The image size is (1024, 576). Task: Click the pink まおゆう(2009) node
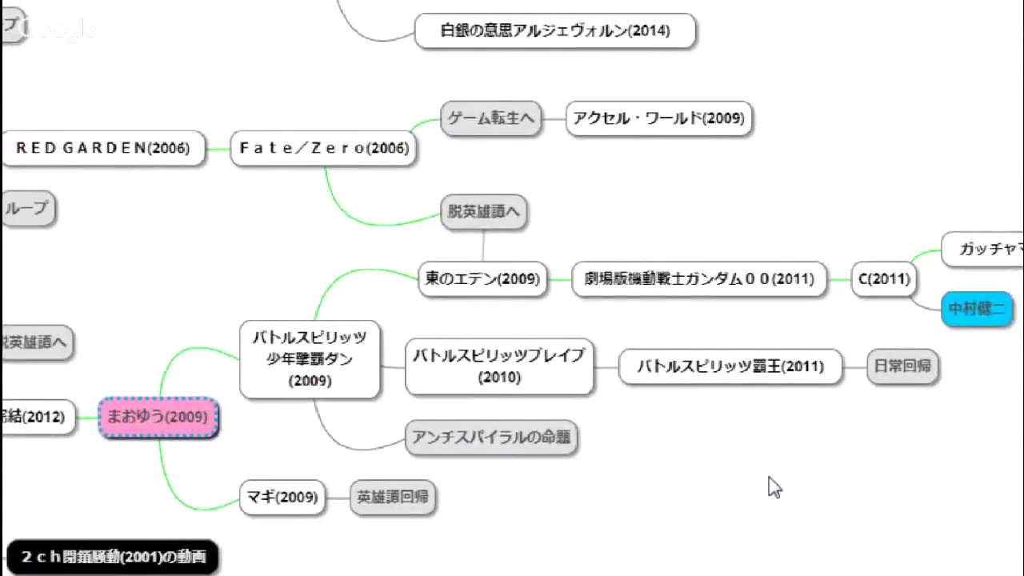(x=158, y=417)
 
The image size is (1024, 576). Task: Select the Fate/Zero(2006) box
(x=323, y=149)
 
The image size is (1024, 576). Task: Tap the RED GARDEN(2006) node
(x=102, y=149)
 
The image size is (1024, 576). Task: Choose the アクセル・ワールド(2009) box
(x=658, y=118)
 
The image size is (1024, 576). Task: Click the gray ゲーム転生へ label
(x=490, y=118)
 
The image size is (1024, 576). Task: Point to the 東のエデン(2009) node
(x=482, y=279)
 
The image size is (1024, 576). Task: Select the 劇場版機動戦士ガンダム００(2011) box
(x=698, y=279)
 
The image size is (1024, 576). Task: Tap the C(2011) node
(x=883, y=279)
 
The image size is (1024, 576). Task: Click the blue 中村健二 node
(x=977, y=309)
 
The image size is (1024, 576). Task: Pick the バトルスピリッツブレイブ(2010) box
(x=499, y=366)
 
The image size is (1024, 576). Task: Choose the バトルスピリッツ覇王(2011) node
(x=730, y=367)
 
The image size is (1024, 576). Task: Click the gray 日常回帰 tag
(x=902, y=366)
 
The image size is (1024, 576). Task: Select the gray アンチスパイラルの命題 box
(x=491, y=438)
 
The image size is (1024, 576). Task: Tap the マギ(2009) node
(x=282, y=498)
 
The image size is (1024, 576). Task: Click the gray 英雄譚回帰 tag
(x=392, y=498)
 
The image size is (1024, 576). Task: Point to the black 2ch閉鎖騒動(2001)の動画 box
(x=112, y=557)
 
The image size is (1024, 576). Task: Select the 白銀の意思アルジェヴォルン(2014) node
(x=555, y=31)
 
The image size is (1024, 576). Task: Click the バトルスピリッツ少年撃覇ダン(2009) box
(x=310, y=359)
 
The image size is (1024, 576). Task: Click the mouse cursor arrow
(x=774, y=486)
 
